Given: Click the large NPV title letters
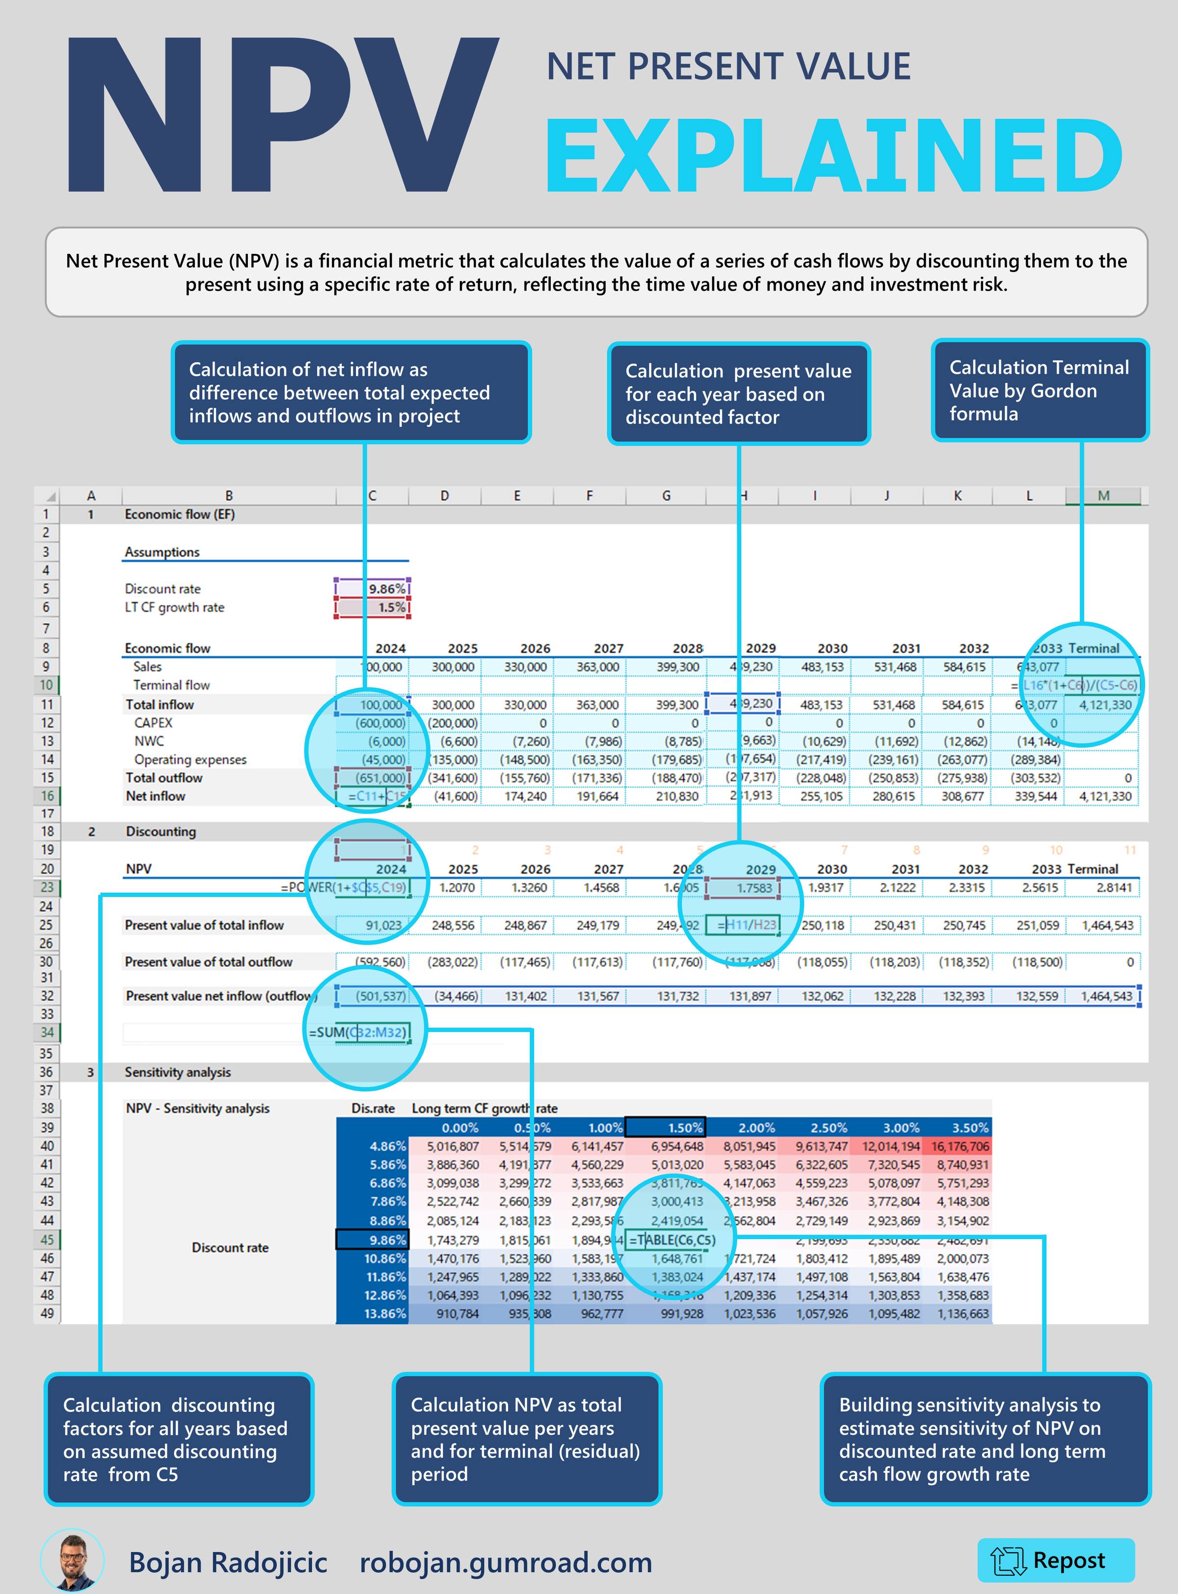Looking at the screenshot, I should tap(282, 118).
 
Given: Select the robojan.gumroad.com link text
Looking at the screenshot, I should tap(506, 1562).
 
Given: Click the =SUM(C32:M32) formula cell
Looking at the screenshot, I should tap(359, 1032).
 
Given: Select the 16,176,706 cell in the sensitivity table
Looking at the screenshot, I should tap(958, 1146).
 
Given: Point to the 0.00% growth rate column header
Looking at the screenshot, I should tap(459, 1128).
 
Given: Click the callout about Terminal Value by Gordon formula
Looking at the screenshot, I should tap(1039, 390).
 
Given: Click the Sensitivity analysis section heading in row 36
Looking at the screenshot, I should tap(178, 1072).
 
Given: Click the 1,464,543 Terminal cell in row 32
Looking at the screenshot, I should tap(1105, 996).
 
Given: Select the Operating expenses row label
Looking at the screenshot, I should tap(189, 759).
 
